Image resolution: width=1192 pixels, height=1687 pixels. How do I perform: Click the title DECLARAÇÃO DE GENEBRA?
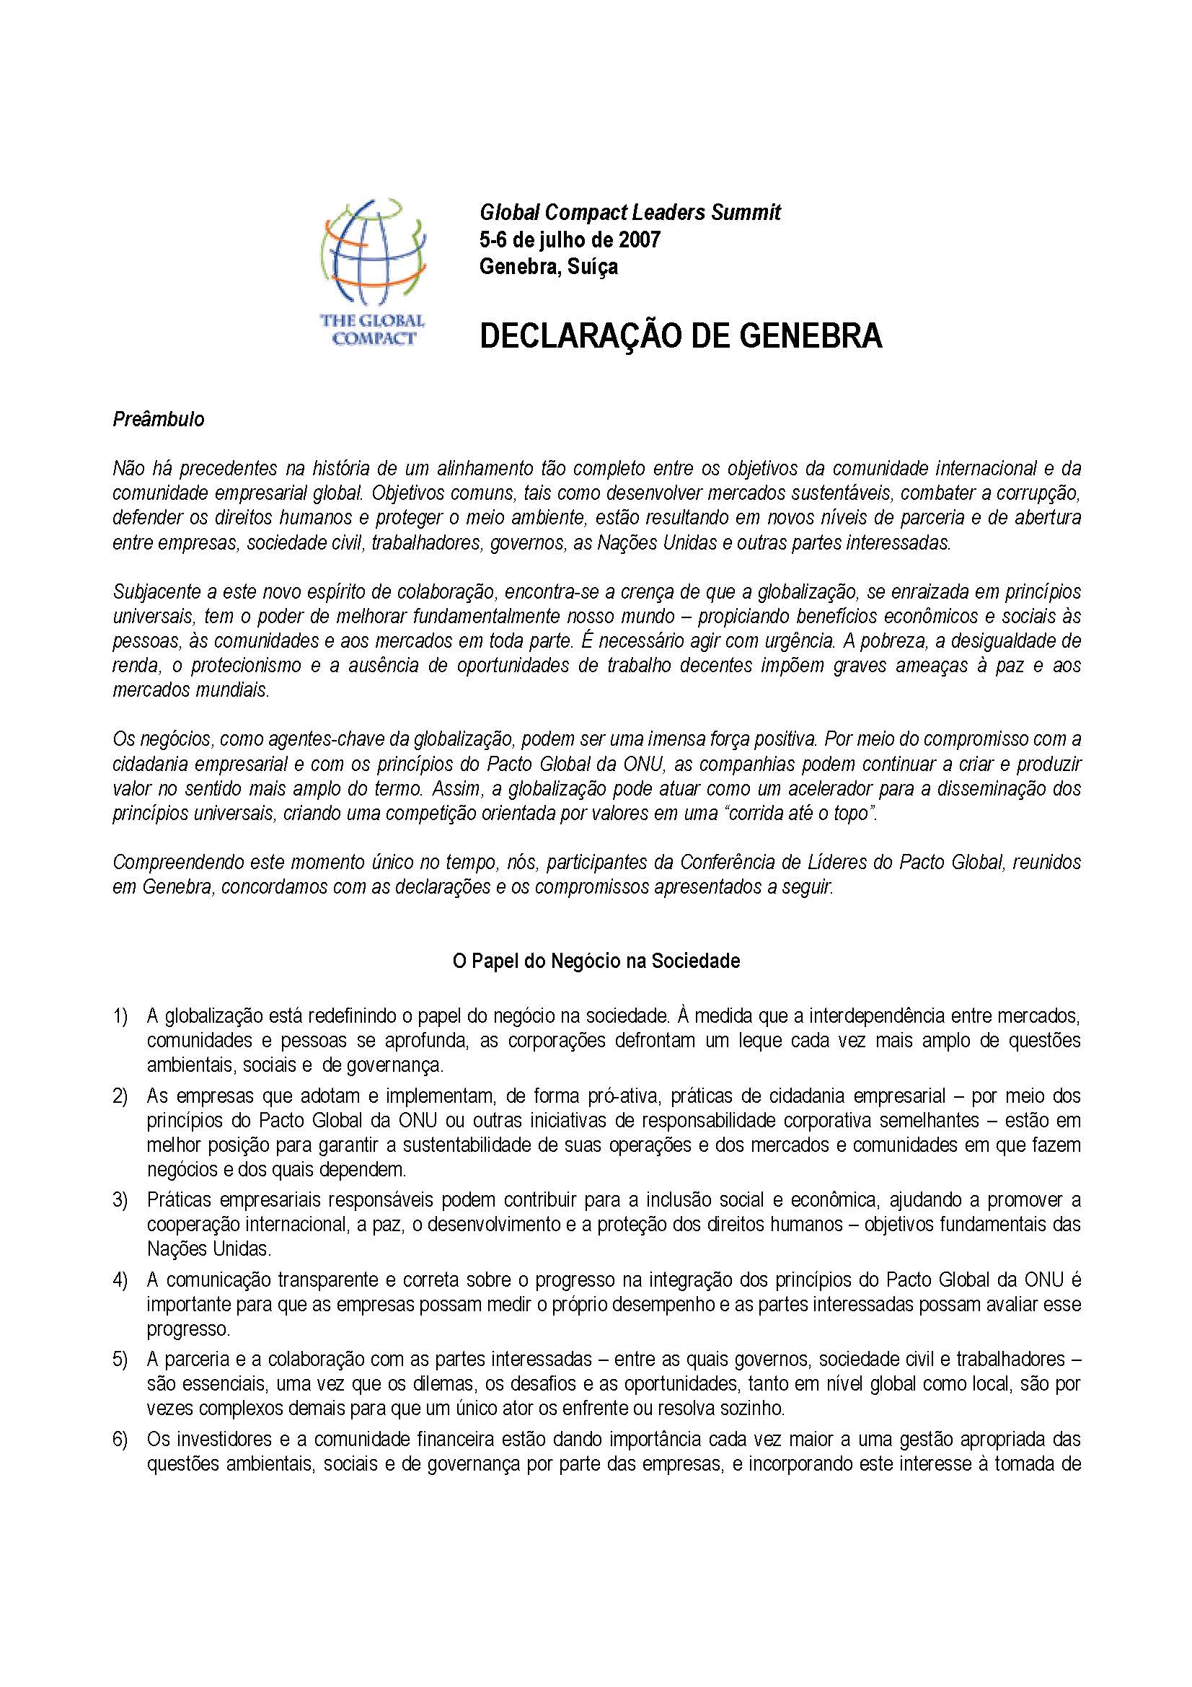click(x=680, y=336)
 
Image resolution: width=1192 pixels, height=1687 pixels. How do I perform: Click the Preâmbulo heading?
click(x=158, y=420)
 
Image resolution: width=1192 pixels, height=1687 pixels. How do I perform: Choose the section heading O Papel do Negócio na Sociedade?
click(x=596, y=961)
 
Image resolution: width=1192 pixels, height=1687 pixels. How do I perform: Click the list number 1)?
click(x=120, y=1017)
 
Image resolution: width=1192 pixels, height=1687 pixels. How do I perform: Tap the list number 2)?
click(x=120, y=1096)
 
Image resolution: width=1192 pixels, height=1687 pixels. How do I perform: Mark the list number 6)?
click(x=120, y=1439)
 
